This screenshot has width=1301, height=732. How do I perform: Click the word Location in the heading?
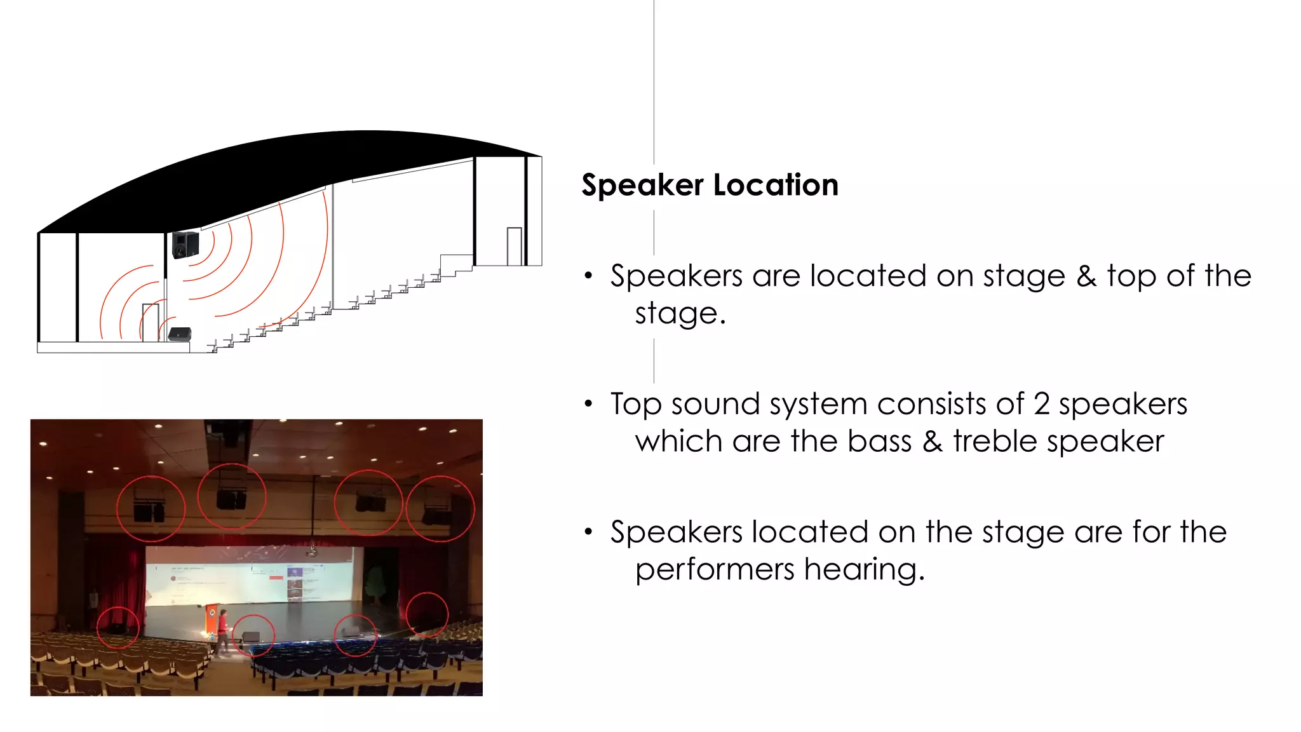[x=776, y=186]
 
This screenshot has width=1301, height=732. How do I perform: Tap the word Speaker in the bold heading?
[x=642, y=186]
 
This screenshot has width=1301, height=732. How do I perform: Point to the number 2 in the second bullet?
[x=1041, y=404]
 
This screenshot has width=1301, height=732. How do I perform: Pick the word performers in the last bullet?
[x=715, y=569]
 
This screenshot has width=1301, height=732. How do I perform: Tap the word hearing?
[x=864, y=569]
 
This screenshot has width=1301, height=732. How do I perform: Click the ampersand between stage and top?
[x=1086, y=276]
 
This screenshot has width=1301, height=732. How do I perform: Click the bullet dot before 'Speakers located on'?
[x=588, y=532]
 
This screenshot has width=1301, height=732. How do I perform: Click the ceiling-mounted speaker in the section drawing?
[x=185, y=245]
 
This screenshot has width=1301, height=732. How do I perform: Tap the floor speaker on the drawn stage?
[x=180, y=334]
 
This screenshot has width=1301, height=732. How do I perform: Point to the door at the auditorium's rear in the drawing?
[x=514, y=246]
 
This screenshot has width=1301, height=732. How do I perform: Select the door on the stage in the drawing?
[x=151, y=322]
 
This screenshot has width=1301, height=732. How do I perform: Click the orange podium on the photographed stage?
[x=211, y=619]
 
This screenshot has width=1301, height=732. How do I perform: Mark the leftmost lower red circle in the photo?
[x=118, y=627]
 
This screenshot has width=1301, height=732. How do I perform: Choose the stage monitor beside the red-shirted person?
[x=251, y=637]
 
